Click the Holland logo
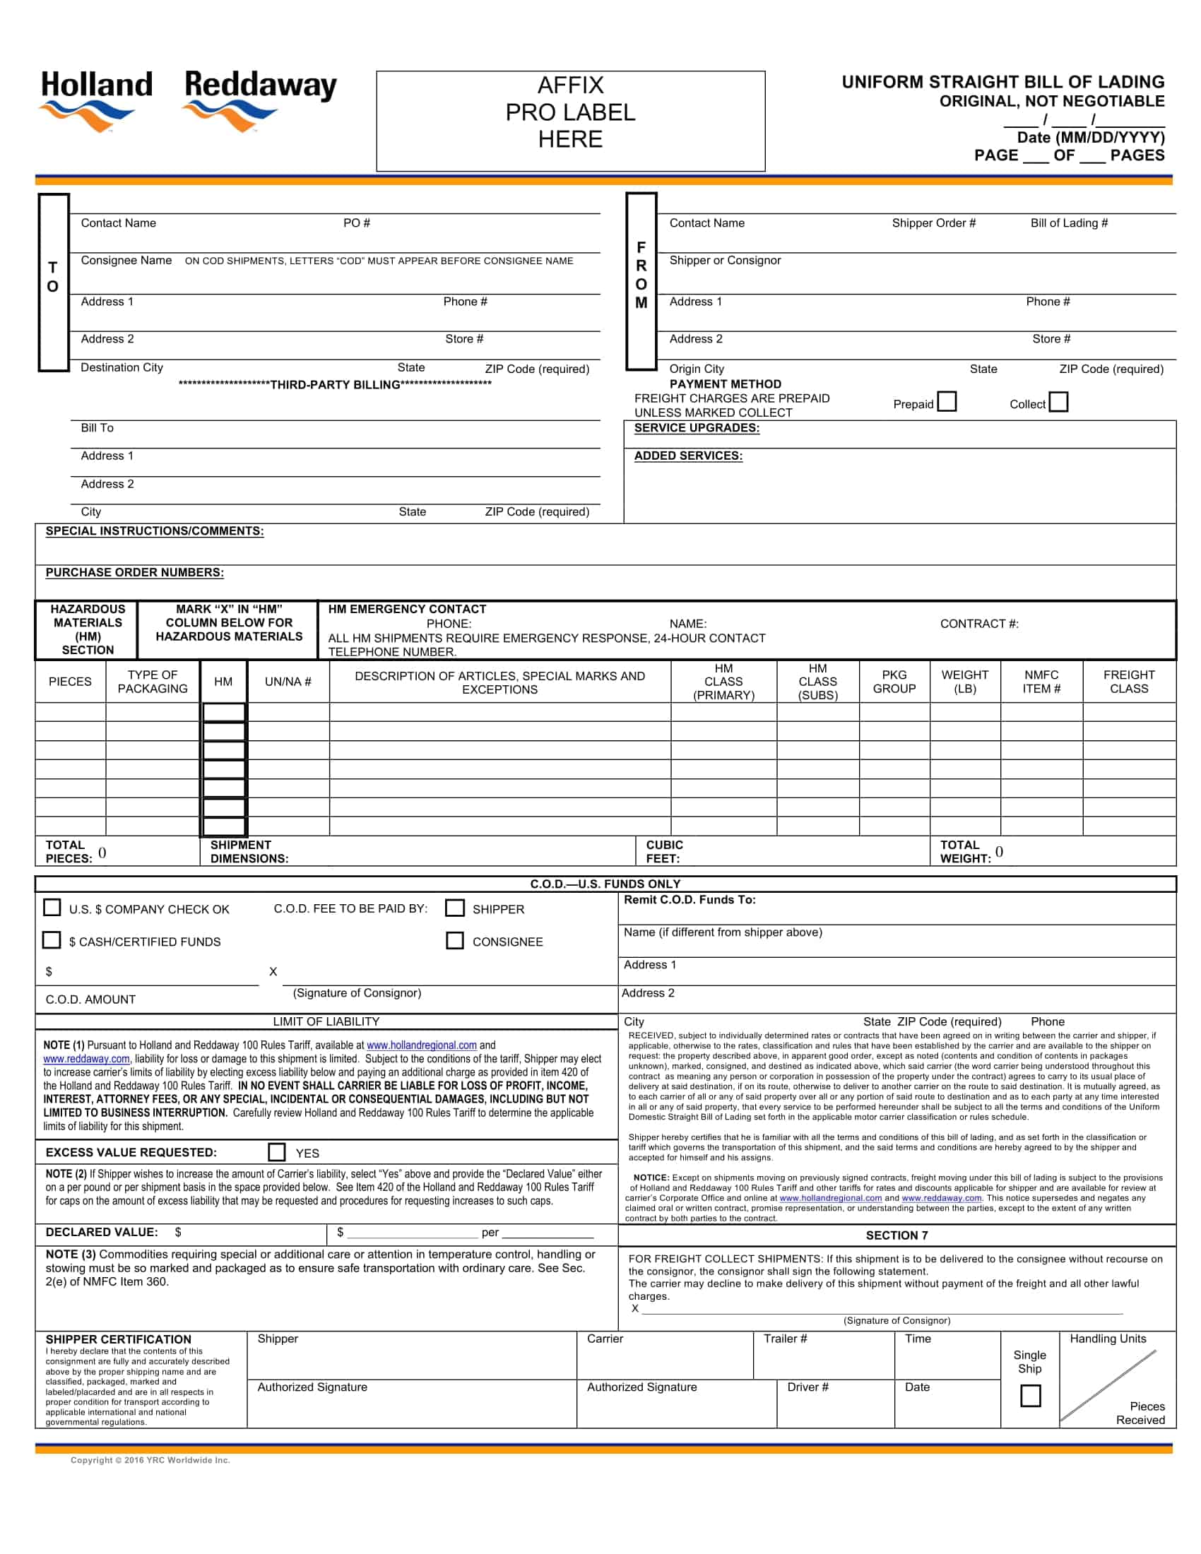point(96,100)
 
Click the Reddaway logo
point(260,100)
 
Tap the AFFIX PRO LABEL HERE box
point(570,120)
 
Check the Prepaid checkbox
point(946,401)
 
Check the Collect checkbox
point(1058,401)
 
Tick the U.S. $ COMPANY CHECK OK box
point(52,907)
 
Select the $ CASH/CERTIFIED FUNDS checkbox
point(52,940)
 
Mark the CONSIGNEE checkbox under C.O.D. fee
point(454,940)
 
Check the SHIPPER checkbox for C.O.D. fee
point(454,908)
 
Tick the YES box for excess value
point(277,1152)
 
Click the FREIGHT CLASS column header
point(1128,681)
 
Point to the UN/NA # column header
point(288,681)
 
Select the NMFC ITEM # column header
point(1041,681)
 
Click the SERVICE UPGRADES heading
point(696,427)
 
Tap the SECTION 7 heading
point(896,1235)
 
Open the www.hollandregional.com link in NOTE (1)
point(421,1045)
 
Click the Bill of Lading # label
point(1069,223)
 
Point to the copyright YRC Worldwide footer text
point(150,1460)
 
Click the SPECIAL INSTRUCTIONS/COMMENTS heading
point(155,530)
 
